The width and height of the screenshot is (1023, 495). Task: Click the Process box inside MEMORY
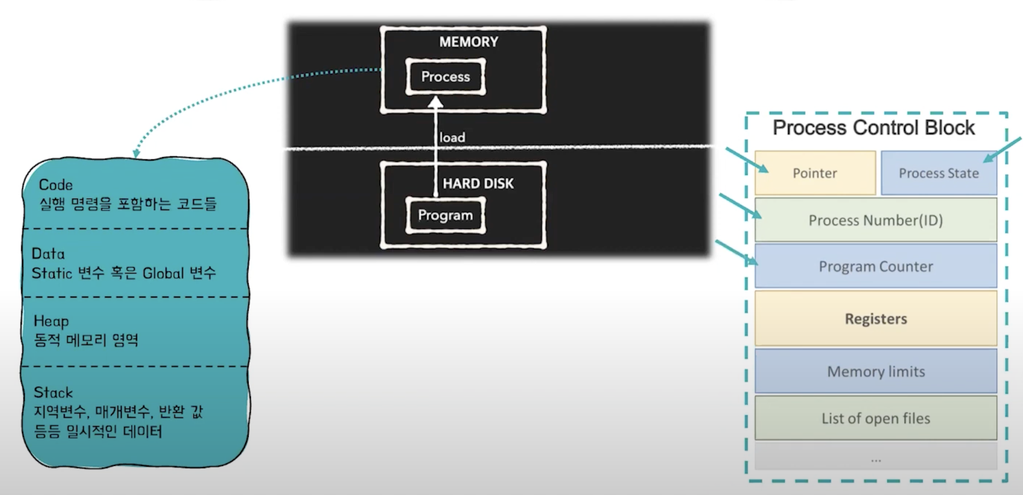(x=445, y=77)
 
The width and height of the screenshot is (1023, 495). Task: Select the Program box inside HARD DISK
(x=445, y=215)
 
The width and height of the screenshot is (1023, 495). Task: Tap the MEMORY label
(x=468, y=42)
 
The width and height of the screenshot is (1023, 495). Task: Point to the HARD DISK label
(x=478, y=184)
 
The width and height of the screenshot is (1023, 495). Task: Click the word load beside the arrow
(x=452, y=137)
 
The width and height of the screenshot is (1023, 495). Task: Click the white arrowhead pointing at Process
(x=435, y=102)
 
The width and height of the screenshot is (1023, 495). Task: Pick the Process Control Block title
(x=873, y=128)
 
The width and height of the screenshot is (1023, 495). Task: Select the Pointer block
(x=815, y=173)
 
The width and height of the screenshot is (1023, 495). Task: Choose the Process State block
(x=938, y=173)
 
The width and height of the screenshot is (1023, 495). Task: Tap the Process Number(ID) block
(x=875, y=220)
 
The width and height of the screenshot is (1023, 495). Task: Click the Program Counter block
(x=875, y=266)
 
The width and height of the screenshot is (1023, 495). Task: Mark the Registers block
(x=875, y=319)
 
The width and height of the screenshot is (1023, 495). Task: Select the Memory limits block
(x=875, y=371)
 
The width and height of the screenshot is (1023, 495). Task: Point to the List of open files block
(x=875, y=418)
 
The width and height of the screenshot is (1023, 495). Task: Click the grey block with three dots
(x=875, y=457)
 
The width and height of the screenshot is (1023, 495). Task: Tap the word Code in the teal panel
(x=56, y=185)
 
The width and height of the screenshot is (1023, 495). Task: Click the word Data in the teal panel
(x=48, y=254)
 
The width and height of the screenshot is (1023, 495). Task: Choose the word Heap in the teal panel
(x=51, y=321)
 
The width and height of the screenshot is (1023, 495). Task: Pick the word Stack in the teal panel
(x=53, y=393)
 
